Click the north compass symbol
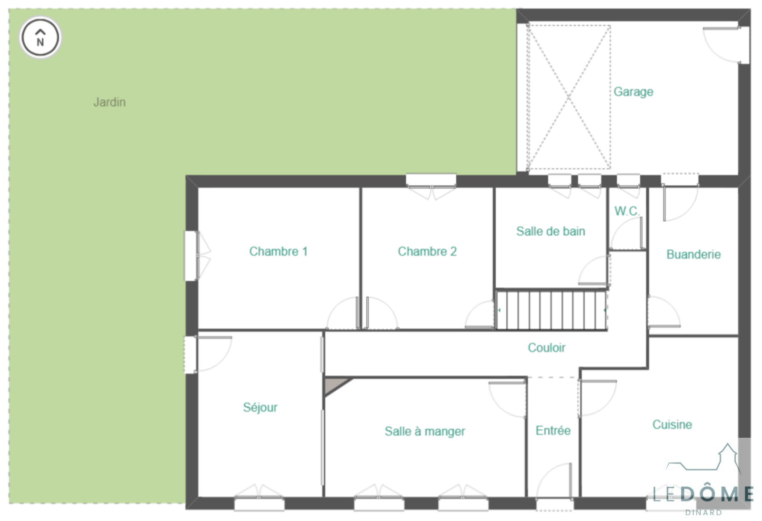(x=40, y=38)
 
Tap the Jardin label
(x=110, y=102)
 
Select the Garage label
(x=633, y=92)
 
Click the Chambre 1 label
(x=278, y=252)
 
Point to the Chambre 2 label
(x=427, y=252)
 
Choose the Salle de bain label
(x=551, y=231)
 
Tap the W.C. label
(x=627, y=211)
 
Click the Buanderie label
(x=693, y=254)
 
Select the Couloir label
(x=546, y=348)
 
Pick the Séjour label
(x=260, y=407)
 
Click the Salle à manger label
(x=424, y=431)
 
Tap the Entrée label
(x=553, y=431)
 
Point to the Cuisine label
(x=672, y=424)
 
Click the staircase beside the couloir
(x=551, y=310)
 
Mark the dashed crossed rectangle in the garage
(x=569, y=97)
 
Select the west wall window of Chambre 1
(x=191, y=256)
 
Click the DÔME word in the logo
(x=717, y=493)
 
